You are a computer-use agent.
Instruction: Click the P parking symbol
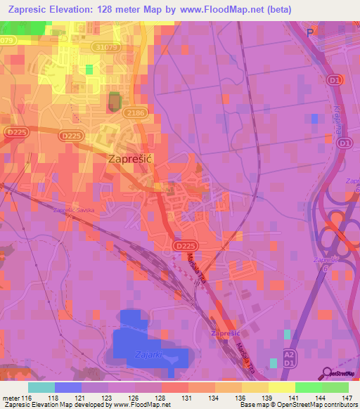pos(309,32)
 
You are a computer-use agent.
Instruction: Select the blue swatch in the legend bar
pos(68,387)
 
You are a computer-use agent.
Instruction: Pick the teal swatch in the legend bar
pos(41,387)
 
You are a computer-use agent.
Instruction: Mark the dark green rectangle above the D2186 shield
pos(113,102)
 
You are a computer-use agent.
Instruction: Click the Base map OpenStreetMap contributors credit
pos(297,404)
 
